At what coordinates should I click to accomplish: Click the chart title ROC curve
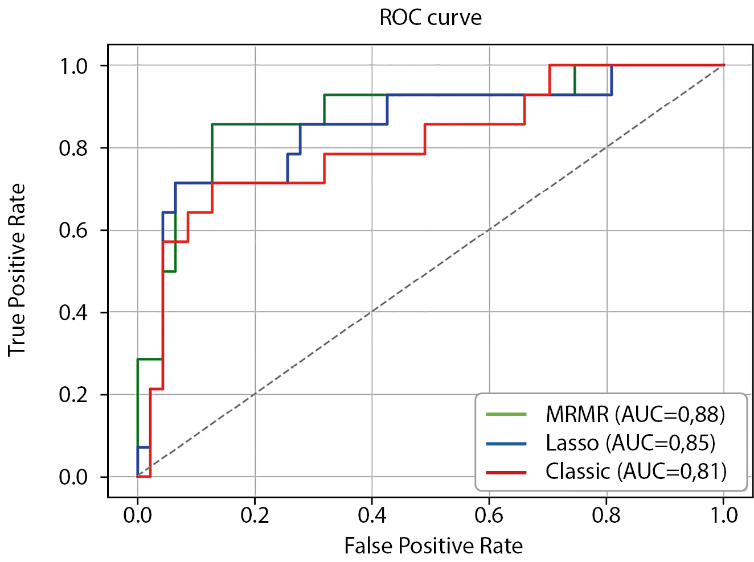[x=431, y=18]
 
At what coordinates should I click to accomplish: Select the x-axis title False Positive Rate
[x=433, y=546]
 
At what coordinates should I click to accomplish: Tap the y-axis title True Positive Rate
[x=17, y=270]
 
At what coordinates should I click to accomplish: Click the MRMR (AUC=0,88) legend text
[x=636, y=414]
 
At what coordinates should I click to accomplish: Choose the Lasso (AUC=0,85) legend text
[x=630, y=443]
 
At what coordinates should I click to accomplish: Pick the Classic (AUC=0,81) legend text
[x=636, y=471]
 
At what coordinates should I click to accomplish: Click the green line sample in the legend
[x=506, y=414]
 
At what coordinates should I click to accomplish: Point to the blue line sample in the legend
[x=506, y=443]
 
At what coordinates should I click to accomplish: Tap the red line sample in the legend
[x=506, y=472]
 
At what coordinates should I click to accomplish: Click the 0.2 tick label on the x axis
[x=255, y=515]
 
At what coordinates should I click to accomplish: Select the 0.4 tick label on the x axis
[x=372, y=515]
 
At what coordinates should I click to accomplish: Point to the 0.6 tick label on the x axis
[x=489, y=515]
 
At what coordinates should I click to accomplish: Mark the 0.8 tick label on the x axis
[x=607, y=515]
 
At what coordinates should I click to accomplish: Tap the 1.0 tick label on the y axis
[x=74, y=66]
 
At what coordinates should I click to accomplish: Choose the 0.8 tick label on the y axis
[x=74, y=148]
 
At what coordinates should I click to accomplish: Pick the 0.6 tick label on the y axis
[x=74, y=230]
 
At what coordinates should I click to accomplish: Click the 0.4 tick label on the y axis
[x=74, y=312]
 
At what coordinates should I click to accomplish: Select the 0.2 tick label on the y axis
[x=74, y=395]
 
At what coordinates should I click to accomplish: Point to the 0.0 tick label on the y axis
[x=74, y=477]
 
